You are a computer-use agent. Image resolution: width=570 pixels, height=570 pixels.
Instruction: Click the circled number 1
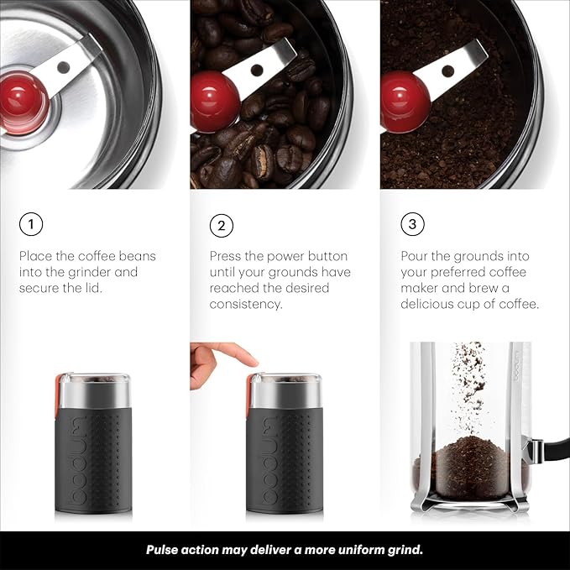pos(31,225)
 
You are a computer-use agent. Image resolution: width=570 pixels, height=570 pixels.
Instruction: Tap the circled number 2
pos(222,225)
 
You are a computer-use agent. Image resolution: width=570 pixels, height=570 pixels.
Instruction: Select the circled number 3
pos(412,225)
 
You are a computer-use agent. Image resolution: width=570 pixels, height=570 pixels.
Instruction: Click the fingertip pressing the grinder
pos(251,359)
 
